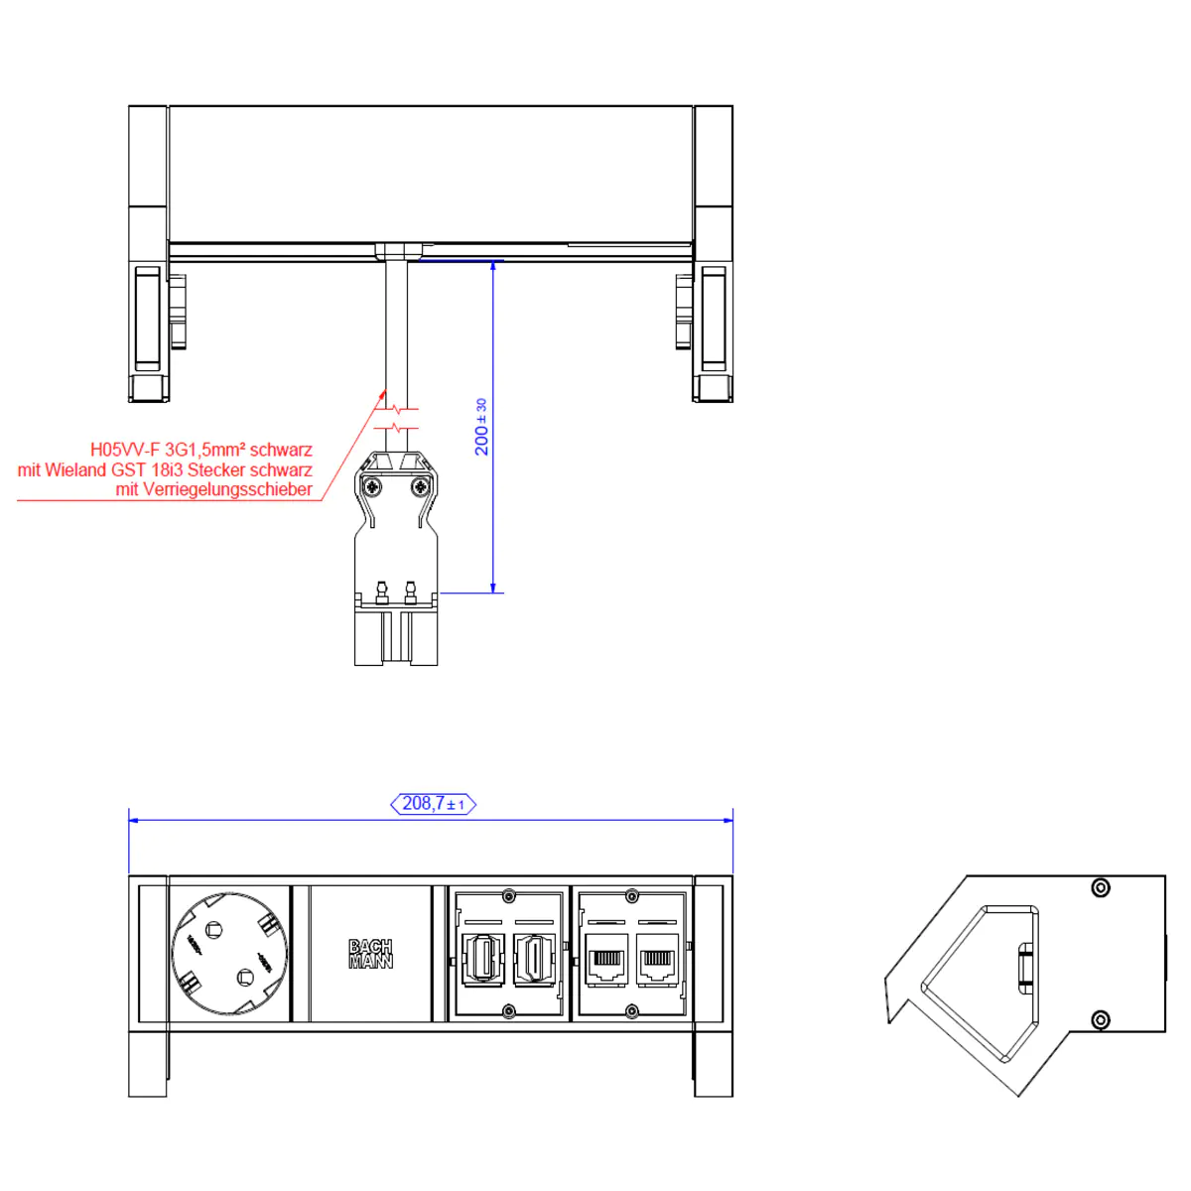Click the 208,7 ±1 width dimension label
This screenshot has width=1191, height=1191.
point(434,804)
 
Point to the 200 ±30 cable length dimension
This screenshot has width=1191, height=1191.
point(481,428)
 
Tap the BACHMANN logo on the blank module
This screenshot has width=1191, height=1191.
point(370,954)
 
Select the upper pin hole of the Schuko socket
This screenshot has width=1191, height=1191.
point(212,930)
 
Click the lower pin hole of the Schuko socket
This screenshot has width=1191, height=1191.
point(244,979)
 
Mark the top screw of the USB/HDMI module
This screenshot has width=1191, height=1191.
point(508,897)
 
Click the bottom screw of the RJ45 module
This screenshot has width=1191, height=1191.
point(631,1011)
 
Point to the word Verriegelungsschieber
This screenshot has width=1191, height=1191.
point(227,489)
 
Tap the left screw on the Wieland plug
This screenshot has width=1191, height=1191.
point(372,485)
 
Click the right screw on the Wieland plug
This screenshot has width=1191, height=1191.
point(421,485)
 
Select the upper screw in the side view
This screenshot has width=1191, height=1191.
point(1100,887)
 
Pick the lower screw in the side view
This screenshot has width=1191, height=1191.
point(1100,1020)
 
